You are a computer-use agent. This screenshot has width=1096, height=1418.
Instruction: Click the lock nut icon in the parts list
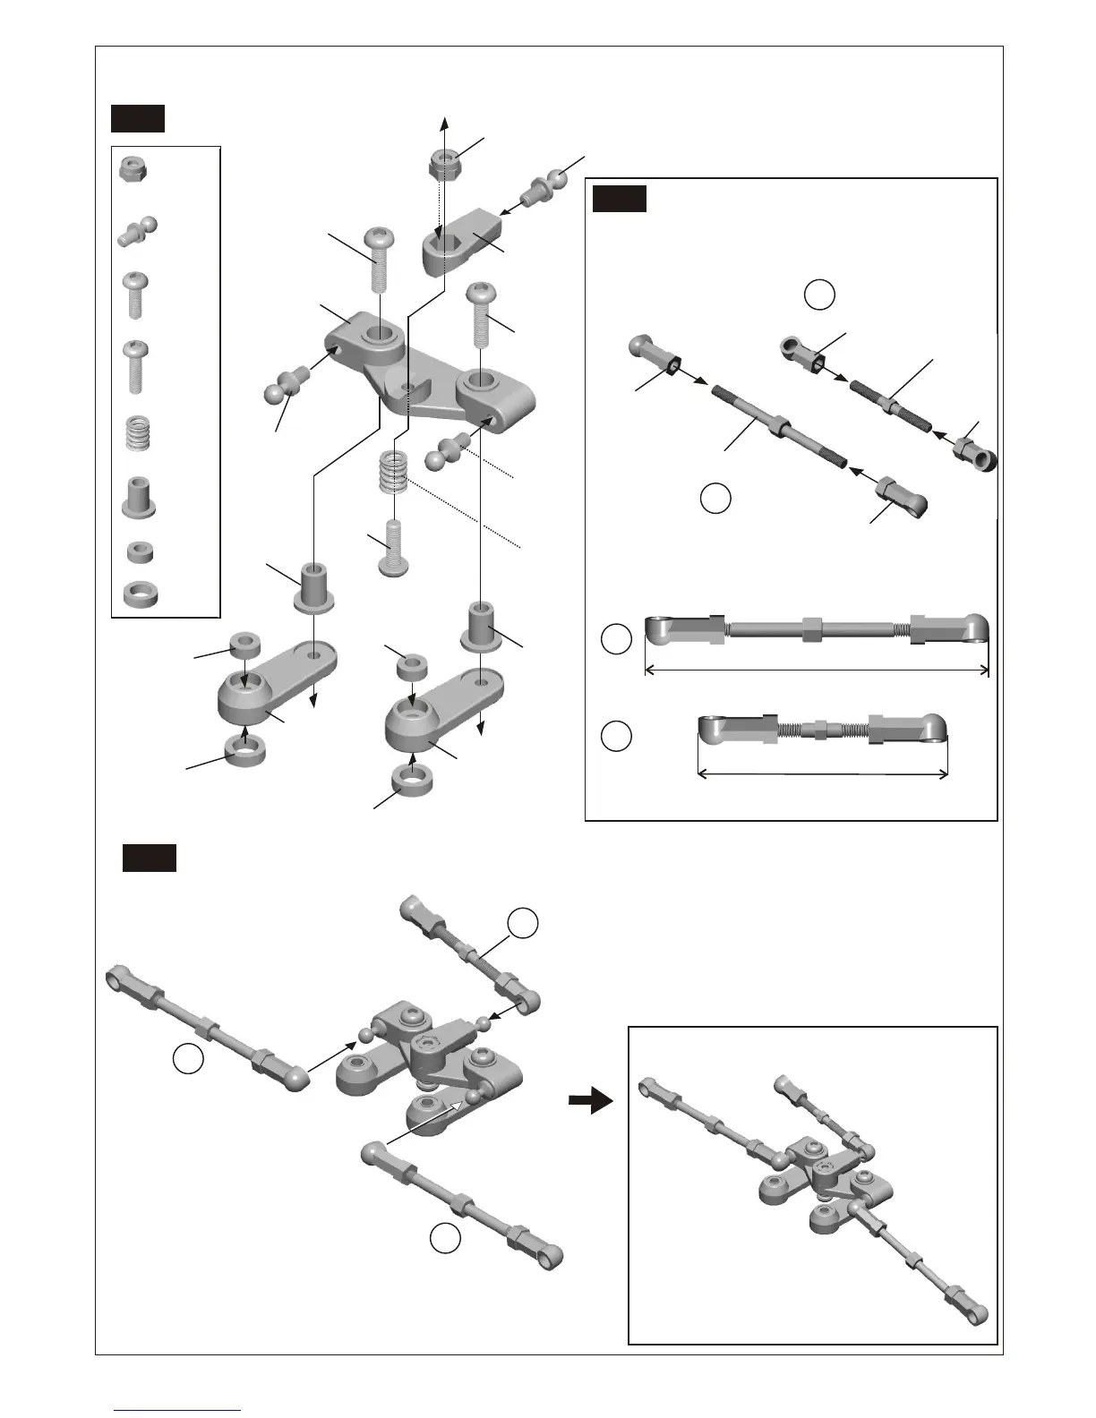[132, 167]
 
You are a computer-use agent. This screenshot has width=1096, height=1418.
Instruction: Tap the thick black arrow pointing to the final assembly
[591, 1103]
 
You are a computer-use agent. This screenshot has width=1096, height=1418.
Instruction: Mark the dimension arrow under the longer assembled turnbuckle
[817, 670]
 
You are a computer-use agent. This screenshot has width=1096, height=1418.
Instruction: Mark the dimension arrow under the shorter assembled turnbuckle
[822, 773]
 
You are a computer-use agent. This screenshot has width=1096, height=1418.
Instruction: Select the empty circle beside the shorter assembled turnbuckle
[616, 737]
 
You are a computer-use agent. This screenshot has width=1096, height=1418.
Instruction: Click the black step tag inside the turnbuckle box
[620, 198]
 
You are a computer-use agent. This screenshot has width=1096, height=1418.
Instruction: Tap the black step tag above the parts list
[137, 118]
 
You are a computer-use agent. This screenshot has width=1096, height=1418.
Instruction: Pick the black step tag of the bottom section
[149, 857]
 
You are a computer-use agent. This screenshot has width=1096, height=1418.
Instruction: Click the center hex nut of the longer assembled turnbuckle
[814, 627]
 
